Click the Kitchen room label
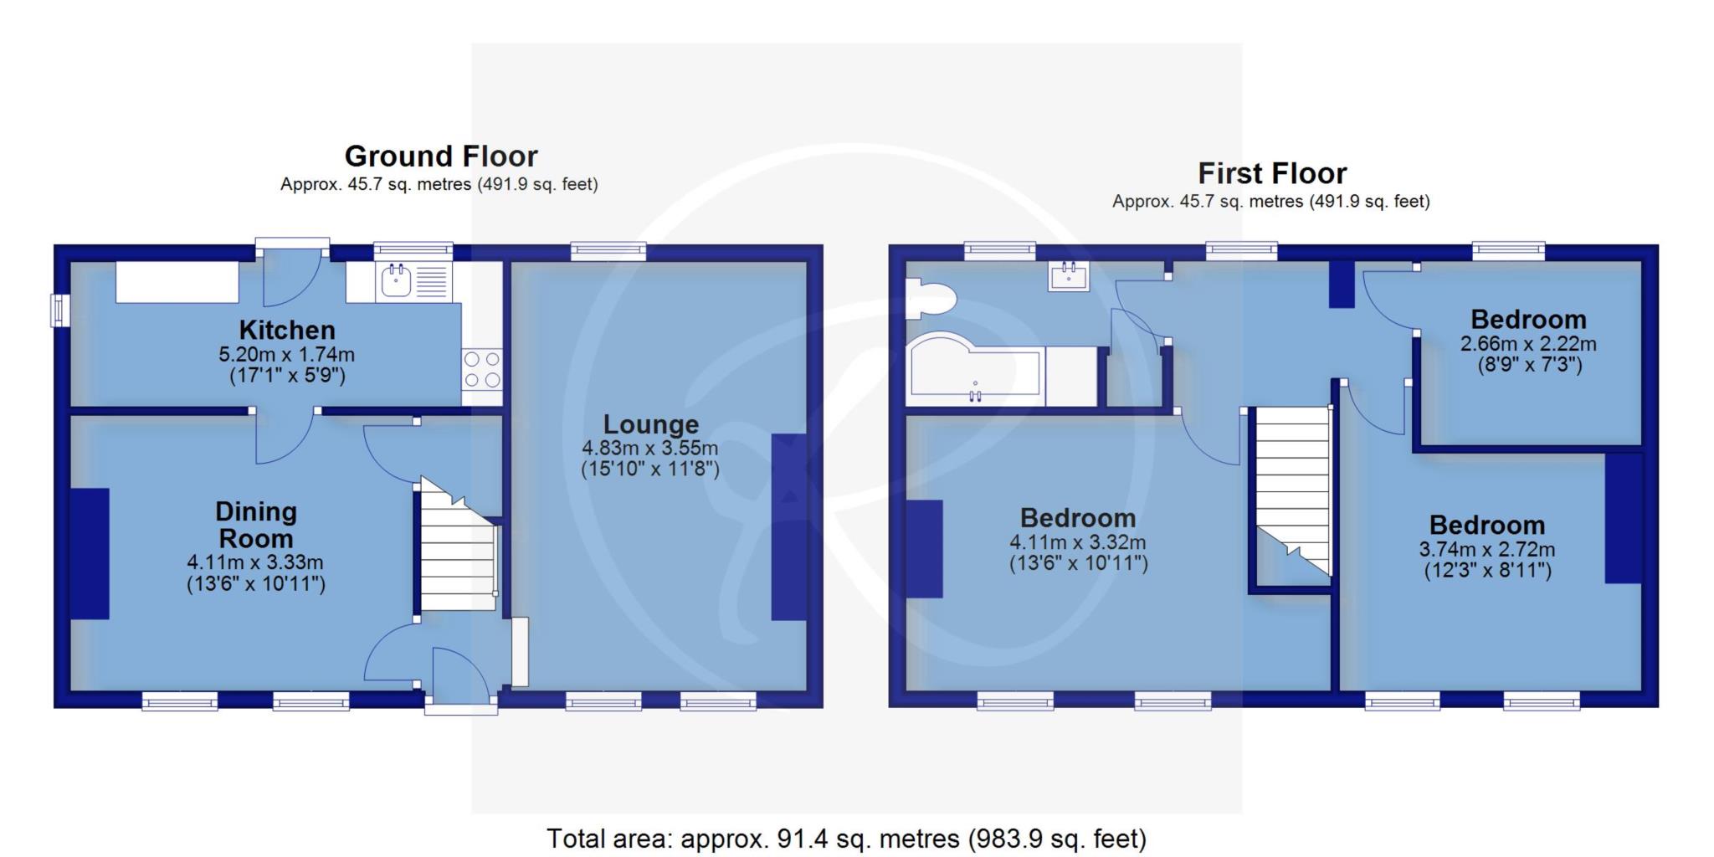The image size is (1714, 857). click(x=286, y=330)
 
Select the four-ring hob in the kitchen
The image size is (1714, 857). click(x=482, y=369)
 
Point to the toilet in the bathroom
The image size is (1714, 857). click(x=931, y=299)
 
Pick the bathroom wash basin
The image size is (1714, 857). click(x=1069, y=275)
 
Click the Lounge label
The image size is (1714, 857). click(x=650, y=425)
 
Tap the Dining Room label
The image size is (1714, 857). click(x=255, y=525)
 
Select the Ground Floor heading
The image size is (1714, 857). click(x=441, y=157)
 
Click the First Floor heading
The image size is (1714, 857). click(x=1272, y=173)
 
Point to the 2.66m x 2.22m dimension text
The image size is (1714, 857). click(x=1528, y=344)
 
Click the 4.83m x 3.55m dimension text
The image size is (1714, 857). click(x=650, y=448)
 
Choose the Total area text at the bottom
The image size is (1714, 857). click(x=846, y=838)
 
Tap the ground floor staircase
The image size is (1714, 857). click(x=457, y=544)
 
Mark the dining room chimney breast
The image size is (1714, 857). click(x=90, y=553)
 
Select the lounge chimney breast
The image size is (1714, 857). click(x=788, y=526)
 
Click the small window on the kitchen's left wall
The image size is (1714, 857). click(x=60, y=310)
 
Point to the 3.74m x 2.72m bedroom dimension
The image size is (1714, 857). click(x=1487, y=550)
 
